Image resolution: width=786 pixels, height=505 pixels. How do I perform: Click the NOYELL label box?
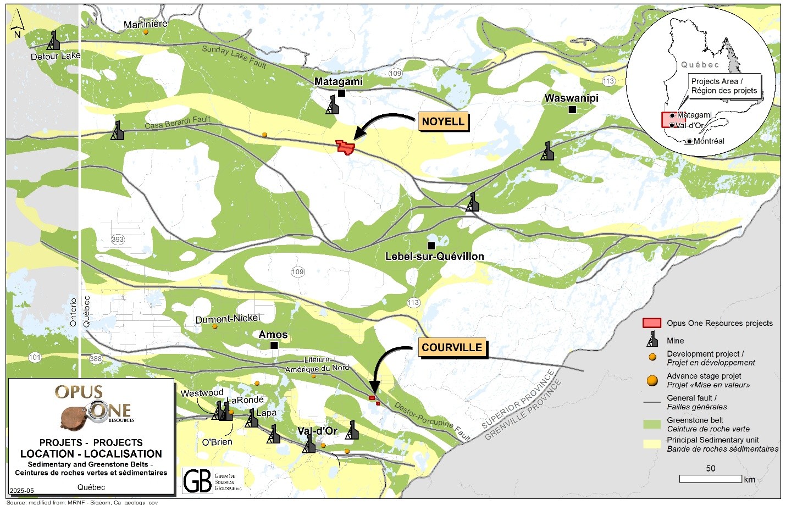pyautogui.click(x=443, y=121)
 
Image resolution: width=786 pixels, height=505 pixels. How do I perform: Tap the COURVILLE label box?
pyautogui.click(x=452, y=347)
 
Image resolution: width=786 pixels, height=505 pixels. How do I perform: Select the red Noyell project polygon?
pyautogui.click(x=345, y=147)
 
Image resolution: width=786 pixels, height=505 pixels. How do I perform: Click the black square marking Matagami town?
pyautogui.click(x=341, y=93)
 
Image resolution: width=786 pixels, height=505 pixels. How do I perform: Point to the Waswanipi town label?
pyautogui.click(x=571, y=98)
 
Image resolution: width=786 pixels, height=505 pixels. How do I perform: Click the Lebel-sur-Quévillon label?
pyautogui.click(x=434, y=257)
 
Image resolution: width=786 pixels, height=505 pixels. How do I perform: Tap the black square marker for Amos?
pyautogui.click(x=274, y=345)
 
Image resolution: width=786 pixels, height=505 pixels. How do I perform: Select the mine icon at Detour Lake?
pyautogui.click(x=53, y=41)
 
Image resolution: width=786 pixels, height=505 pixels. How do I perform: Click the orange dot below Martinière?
pyautogui.click(x=146, y=32)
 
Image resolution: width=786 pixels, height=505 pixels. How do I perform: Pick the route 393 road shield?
pyautogui.click(x=118, y=239)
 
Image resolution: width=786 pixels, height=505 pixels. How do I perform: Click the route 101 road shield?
pyautogui.click(x=35, y=357)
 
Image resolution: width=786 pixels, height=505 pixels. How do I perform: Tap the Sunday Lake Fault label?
pyautogui.click(x=234, y=57)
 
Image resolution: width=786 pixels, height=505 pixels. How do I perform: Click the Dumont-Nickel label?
pyautogui.click(x=228, y=319)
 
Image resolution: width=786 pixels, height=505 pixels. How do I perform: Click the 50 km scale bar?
pyautogui.click(x=710, y=479)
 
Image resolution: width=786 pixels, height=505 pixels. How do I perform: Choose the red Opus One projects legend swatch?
pyautogui.click(x=652, y=323)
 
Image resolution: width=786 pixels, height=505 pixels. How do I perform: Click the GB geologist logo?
pyautogui.click(x=198, y=481)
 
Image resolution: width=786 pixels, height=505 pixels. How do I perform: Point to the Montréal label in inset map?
pyautogui.click(x=708, y=141)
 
